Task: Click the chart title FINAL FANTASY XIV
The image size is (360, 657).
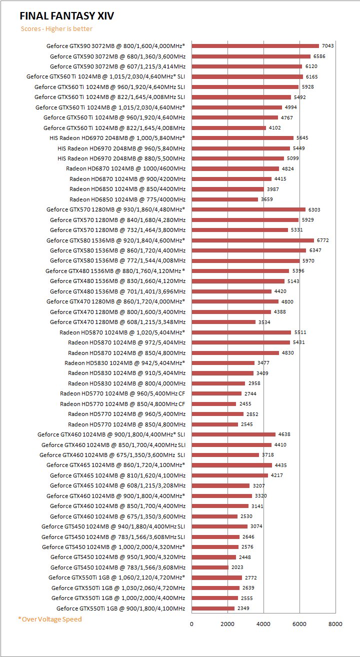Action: coord(67,16)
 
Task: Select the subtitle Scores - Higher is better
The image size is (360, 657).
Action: coord(56,29)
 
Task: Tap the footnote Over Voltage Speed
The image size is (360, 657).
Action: coord(50,619)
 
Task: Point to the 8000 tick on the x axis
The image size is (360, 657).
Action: coord(335,623)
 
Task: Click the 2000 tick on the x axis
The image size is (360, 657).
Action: coord(227,623)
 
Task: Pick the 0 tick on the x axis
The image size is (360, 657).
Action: coord(191,623)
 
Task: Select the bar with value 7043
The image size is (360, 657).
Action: coord(255,46)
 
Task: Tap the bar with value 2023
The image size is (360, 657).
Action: coord(210,567)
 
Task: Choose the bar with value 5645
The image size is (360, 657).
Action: coord(242,138)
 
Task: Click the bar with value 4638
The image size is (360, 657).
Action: coord(233,434)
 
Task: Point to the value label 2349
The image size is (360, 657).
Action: coord(243,608)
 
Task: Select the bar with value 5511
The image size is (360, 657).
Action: coord(241,332)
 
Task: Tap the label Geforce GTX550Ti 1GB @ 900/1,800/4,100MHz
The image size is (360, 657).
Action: coord(120,608)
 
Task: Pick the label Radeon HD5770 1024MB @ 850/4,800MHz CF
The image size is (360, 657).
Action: coord(122,404)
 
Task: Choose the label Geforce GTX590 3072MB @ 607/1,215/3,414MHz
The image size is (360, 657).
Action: coord(117,66)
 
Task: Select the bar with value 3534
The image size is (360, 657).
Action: coord(223,322)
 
